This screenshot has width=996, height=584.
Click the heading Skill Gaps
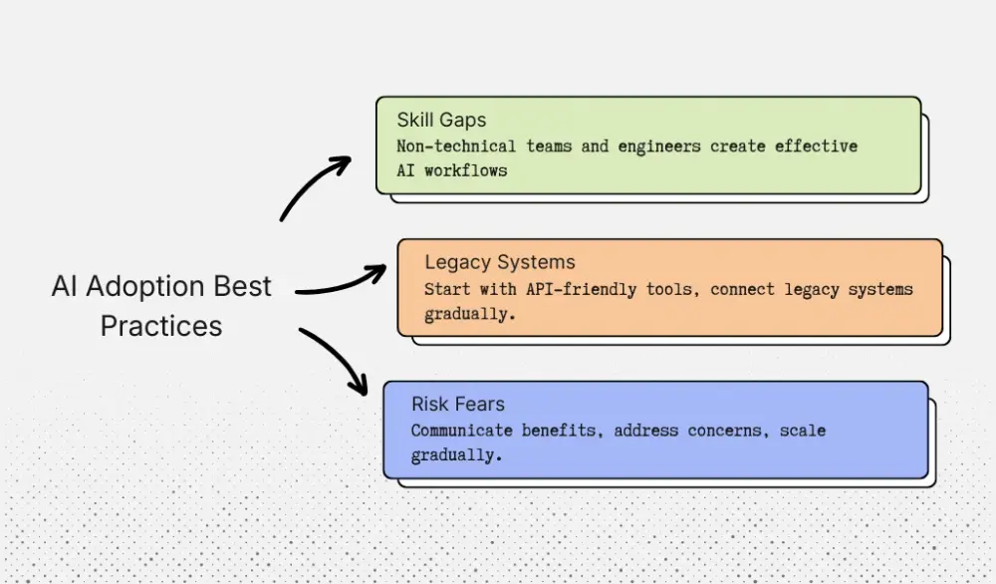pyautogui.click(x=441, y=120)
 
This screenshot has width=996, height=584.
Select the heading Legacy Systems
pyautogui.click(x=500, y=262)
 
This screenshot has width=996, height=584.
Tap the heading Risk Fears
pyautogui.click(x=458, y=404)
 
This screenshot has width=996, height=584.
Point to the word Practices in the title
pyautogui.click(x=161, y=325)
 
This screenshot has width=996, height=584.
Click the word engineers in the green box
pyautogui.click(x=659, y=146)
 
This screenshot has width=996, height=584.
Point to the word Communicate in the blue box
pyautogui.click(x=462, y=431)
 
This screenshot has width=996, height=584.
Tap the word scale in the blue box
pyautogui.click(x=803, y=431)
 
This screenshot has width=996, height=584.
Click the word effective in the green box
pyautogui.click(x=816, y=146)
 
